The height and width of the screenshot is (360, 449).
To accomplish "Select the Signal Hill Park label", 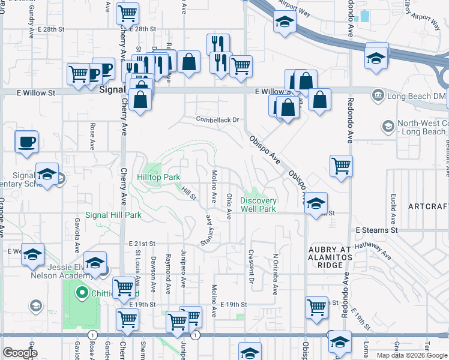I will pos(113,215).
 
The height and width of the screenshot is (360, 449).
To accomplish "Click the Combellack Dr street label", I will pos(217,119).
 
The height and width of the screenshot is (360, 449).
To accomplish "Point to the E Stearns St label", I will pos(377,230).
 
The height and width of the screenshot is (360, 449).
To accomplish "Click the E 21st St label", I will pos(142,244).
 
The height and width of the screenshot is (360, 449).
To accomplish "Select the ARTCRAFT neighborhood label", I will pos(428,206).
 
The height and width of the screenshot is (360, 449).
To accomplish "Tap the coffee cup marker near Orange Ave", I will pos(27,143).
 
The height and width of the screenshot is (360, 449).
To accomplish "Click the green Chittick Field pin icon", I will pos(82,293).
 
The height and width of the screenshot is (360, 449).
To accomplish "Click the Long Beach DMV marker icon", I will pos(378,94).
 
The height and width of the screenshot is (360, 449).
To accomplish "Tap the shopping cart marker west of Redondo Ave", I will pos(342,165).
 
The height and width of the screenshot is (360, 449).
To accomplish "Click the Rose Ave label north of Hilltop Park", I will pos(92,136).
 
